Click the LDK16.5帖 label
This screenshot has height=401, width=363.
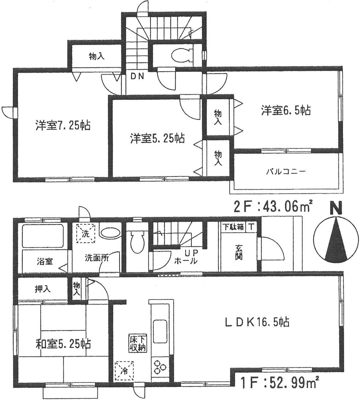pyautogui.click(x=257, y=322)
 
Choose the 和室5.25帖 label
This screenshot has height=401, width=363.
pyautogui.click(x=63, y=343)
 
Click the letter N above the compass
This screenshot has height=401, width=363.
pyautogui.click(x=336, y=209)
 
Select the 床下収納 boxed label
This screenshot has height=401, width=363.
pyautogui.click(x=137, y=343)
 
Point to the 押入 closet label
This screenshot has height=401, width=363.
pyautogui.click(x=42, y=289)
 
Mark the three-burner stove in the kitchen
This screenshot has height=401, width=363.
pyautogui.click(x=159, y=366)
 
